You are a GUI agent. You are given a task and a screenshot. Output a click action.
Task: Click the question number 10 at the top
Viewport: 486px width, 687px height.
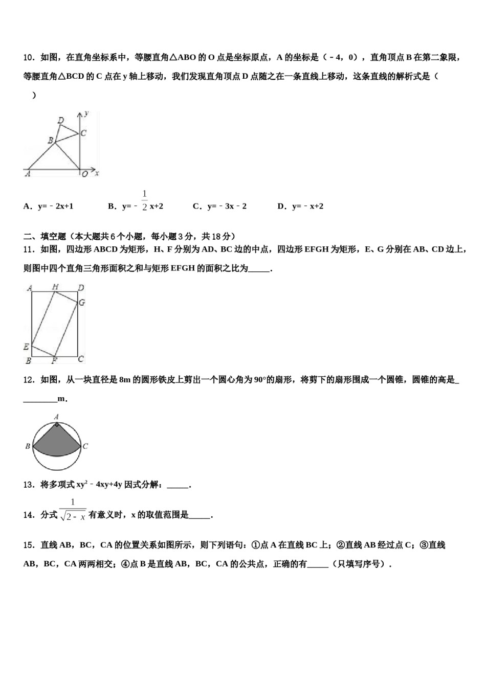[x=29, y=57]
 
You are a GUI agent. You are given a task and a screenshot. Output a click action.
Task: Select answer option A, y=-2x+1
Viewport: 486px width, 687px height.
[x=49, y=206]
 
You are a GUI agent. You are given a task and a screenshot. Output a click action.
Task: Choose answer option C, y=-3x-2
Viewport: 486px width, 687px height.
[x=219, y=206]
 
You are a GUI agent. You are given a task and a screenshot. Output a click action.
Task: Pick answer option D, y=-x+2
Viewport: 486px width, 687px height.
[x=300, y=206]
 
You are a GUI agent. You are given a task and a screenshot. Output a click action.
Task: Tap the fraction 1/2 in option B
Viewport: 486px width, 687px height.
[x=144, y=200]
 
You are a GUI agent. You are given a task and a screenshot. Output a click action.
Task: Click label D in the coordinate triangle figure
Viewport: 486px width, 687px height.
[x=60, y=121]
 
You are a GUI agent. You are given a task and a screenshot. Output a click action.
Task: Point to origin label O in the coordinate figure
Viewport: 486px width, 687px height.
[x=84, y=174]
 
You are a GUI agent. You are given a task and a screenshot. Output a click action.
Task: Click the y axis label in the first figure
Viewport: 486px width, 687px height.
[x=87, y=112]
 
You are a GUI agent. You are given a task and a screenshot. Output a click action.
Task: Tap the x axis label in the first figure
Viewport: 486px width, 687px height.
[x=97, y=174]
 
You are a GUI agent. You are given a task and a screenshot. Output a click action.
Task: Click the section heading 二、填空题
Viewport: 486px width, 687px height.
[x=45, y=236]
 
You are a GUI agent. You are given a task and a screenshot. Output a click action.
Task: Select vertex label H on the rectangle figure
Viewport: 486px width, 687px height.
[x=55, y=287]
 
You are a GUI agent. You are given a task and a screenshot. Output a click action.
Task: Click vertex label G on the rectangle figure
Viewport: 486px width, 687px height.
[x=81, y=303]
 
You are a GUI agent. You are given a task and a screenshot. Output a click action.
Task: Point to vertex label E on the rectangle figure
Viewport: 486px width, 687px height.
[x=26, y=347]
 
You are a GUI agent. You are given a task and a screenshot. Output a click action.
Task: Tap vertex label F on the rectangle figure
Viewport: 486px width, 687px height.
[x=54, y=361]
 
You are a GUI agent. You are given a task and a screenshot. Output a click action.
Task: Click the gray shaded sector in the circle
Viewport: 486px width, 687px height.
[x=56, y=439]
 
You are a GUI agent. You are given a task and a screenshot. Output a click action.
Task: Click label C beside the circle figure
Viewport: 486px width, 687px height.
[x=85, y=446]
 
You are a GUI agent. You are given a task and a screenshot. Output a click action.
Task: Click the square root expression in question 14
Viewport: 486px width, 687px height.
[x=73, y=516]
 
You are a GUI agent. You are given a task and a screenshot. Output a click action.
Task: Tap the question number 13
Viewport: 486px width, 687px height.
[x=29, y=485]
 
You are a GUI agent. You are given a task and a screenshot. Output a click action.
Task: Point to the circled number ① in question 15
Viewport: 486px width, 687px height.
[x=256, y=545]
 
